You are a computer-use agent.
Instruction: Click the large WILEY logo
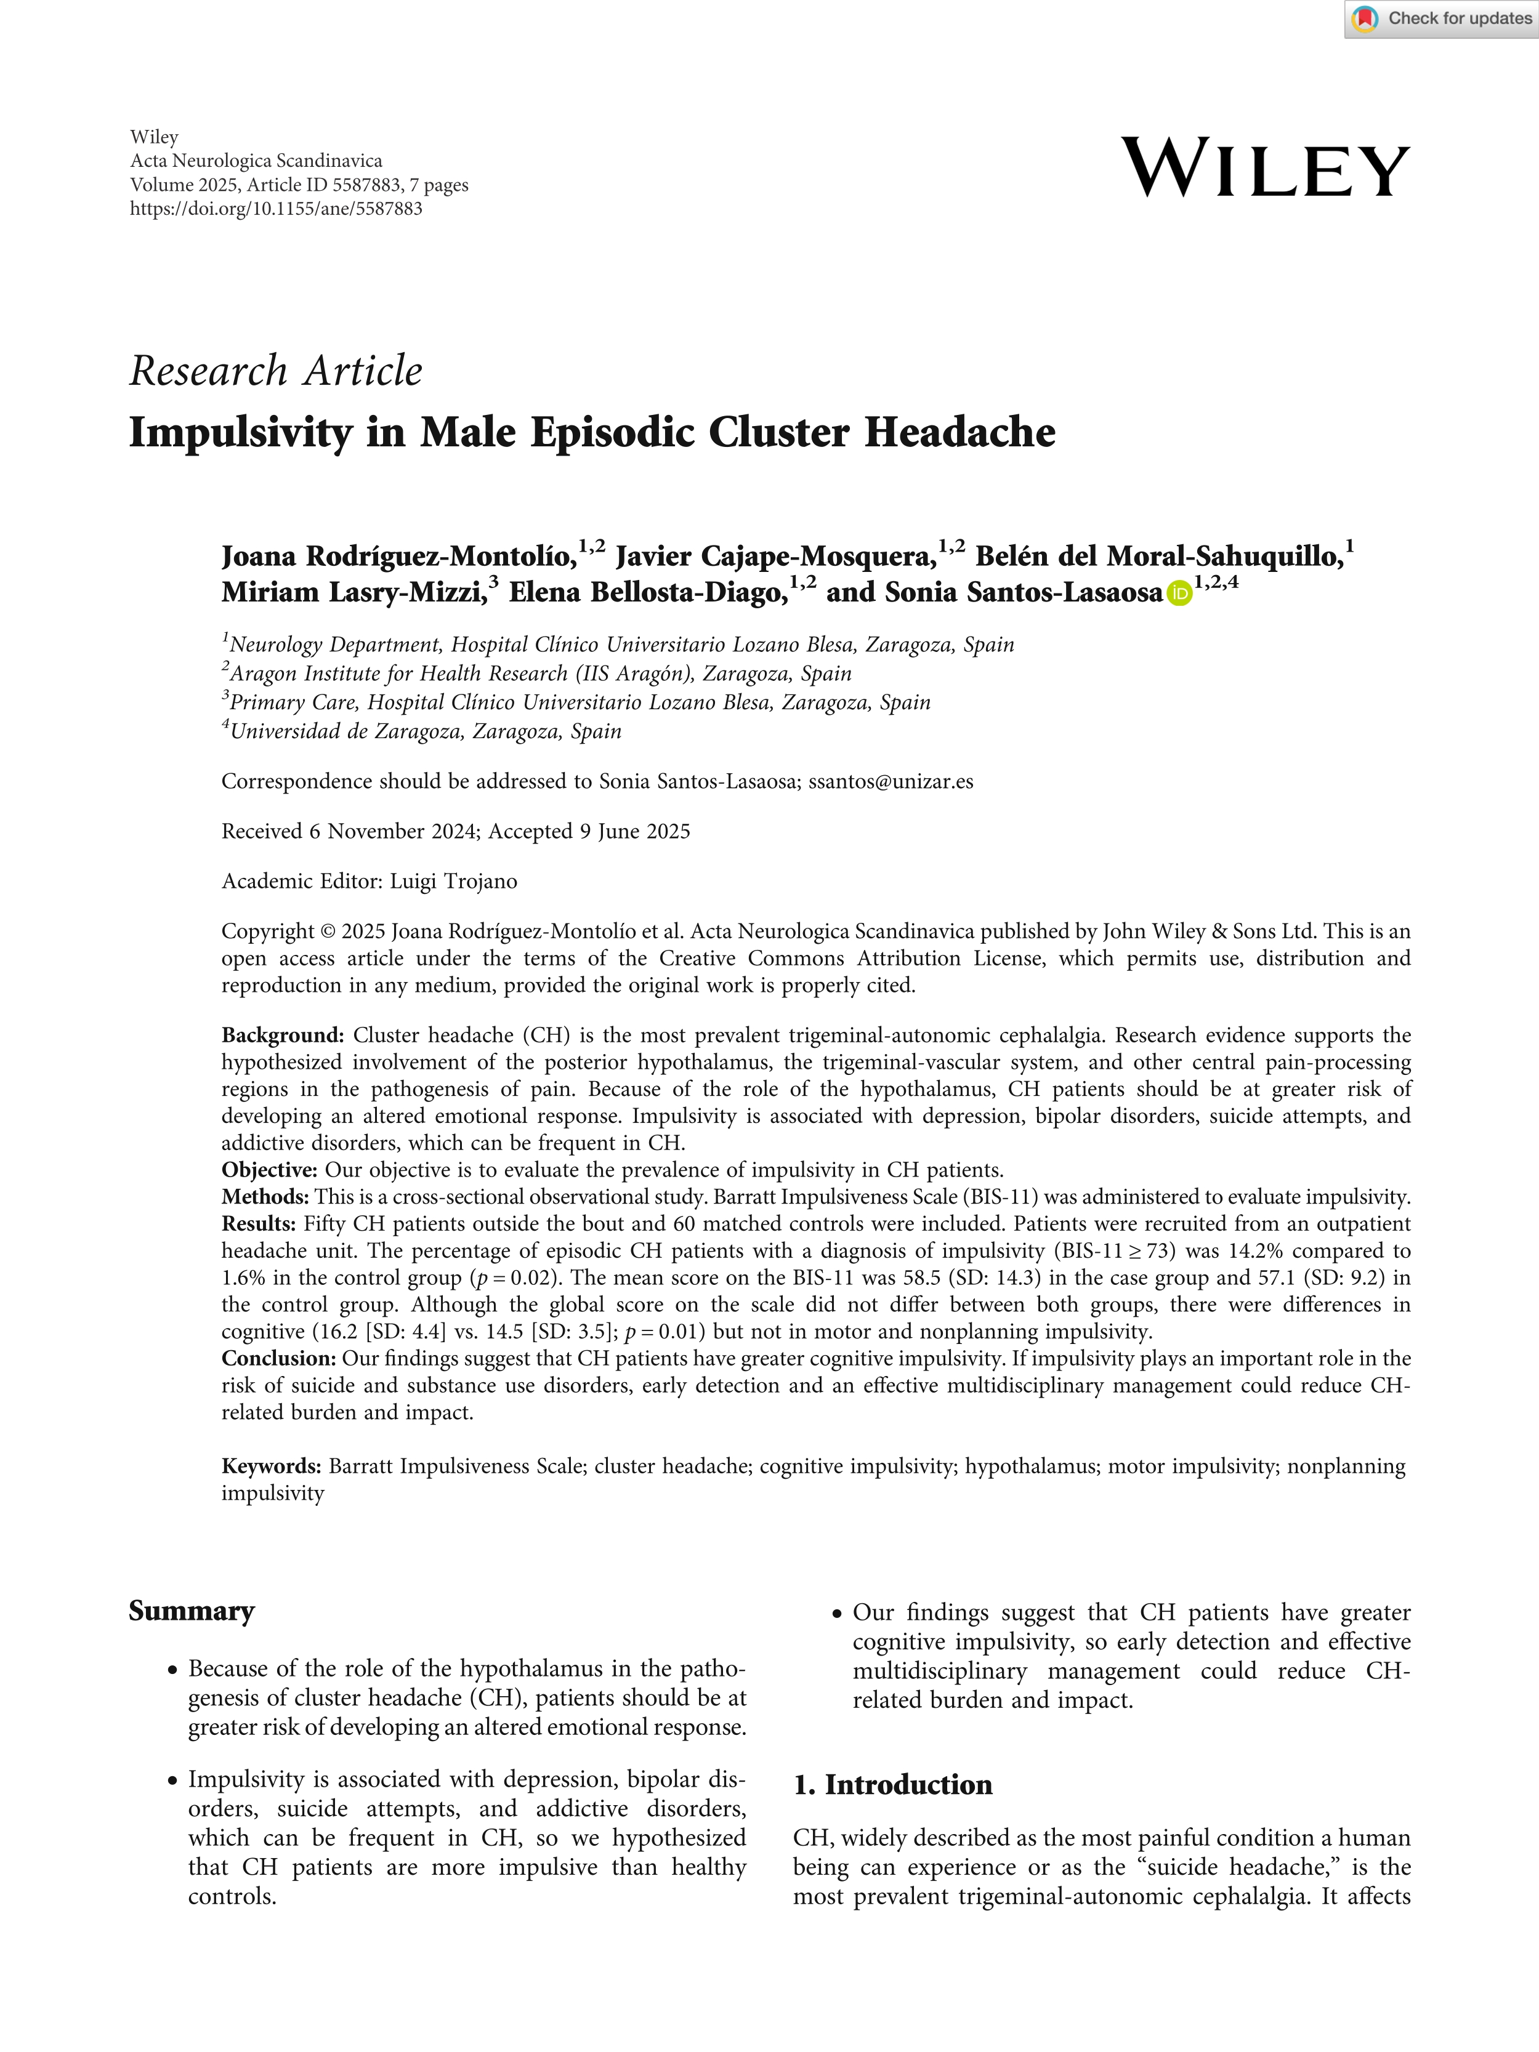(1266, 168)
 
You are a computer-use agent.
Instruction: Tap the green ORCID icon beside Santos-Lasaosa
(1179, 593)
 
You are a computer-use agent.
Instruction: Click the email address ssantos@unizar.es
(891, 781)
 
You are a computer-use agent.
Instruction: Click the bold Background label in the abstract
(282, 1036)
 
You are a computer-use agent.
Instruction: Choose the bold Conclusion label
(278, 1358)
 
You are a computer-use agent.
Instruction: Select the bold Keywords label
(271, 1466)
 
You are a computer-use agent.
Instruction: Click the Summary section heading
(191, 1611)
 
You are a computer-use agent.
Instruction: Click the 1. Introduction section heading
(892, 1785)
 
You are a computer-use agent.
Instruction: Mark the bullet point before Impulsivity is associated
(172, 1781)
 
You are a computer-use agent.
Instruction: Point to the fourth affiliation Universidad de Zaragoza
(425, 731)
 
